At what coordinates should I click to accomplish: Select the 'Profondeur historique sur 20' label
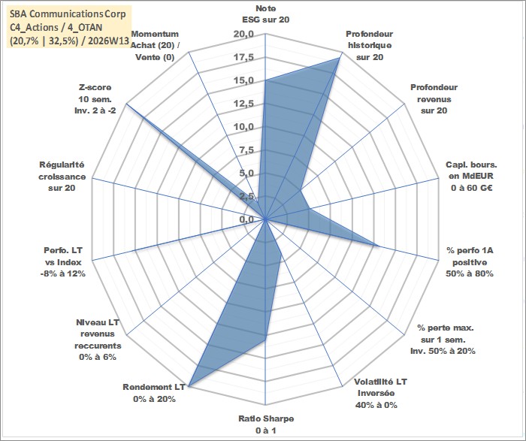coord(370,46)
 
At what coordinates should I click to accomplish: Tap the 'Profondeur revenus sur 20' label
coord(434,99)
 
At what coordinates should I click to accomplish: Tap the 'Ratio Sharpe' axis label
coord(266,424)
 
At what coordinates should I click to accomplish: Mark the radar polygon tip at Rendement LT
coord(188,387)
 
